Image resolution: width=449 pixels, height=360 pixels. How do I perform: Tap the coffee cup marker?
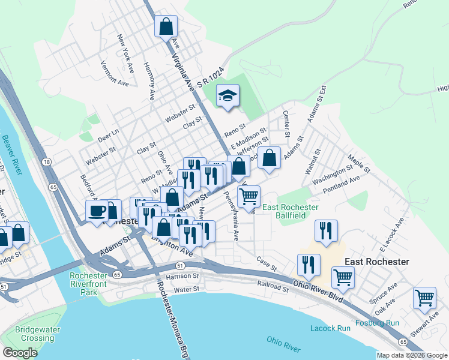coord(97,211)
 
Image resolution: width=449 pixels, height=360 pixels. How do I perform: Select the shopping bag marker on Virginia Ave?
coord(166,27)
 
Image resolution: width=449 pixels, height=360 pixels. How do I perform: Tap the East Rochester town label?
coord(376,262)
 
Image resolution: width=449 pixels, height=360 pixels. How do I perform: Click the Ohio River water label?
coord(283,344)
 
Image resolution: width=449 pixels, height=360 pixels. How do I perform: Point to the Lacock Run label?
coord(330,328)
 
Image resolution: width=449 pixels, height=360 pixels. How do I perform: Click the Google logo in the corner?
coord(20,353)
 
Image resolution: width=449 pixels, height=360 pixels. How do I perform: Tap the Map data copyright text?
coord(412,355)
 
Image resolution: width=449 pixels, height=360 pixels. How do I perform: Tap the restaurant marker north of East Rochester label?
coord(326,231)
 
